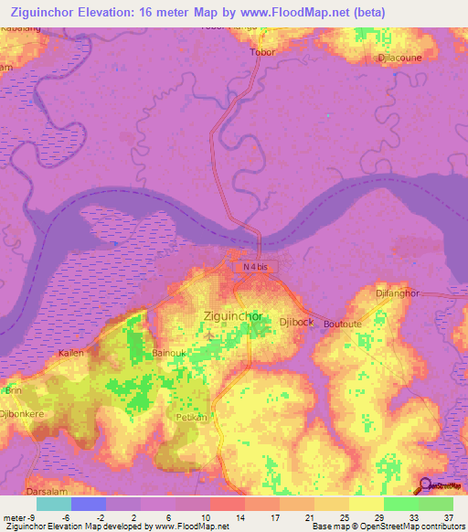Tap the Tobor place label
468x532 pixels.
pos(262,52)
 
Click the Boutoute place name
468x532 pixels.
pos(343,324)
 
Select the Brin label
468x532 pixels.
pos(14,390)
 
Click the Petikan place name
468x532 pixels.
pos(189,416)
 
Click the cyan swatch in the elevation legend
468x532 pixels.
pos(54,504)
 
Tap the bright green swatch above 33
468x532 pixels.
pos(400,504)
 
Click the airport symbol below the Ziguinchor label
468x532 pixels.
pos(210,334)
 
